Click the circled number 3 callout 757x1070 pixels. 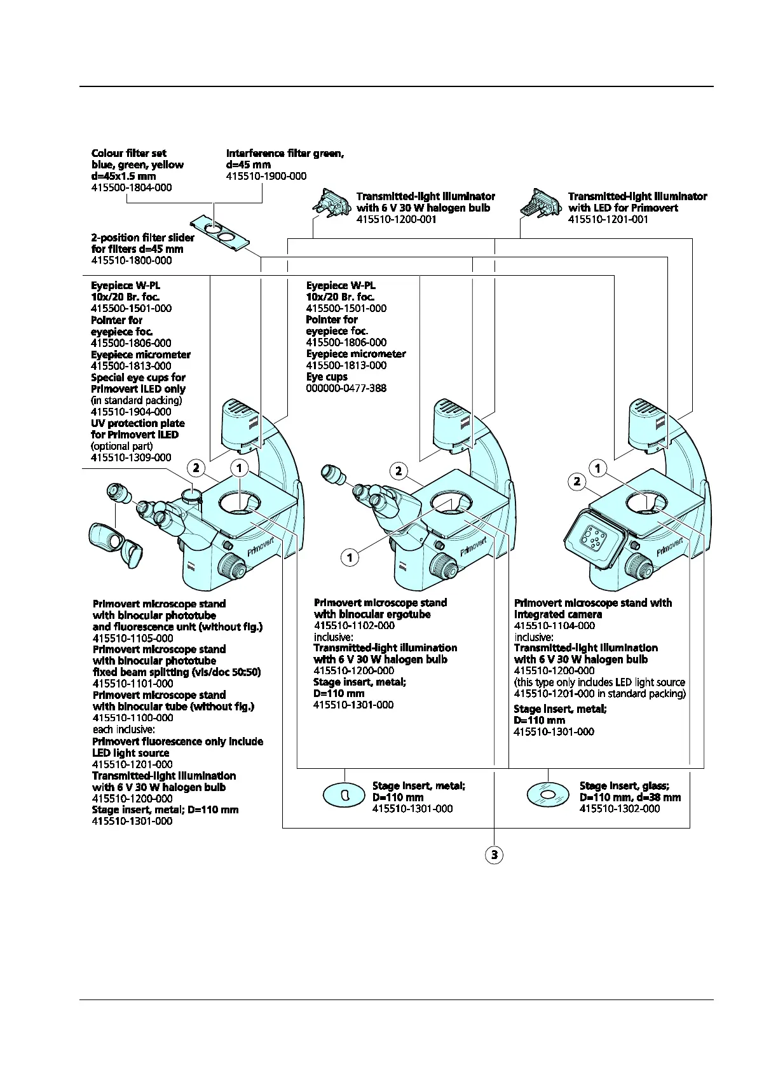click(494, 855)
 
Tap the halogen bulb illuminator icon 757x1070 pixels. click(331, 203)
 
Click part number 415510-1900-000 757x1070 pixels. click(266, 176)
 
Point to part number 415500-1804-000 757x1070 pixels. click(132, 187)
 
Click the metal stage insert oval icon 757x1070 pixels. click(344, 795)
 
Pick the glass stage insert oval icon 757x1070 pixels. click(548, 794)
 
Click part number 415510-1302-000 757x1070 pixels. click(620, 808)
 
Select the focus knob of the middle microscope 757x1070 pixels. click(443, 564)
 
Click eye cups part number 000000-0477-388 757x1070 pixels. click(346, 388)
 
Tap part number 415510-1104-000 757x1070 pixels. click(554, 625)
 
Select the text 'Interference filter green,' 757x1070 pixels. click(285, 153)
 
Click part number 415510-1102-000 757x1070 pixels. click(354, 625)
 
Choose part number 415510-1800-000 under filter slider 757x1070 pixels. click(132, 260)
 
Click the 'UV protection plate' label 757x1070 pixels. click(138, 423)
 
